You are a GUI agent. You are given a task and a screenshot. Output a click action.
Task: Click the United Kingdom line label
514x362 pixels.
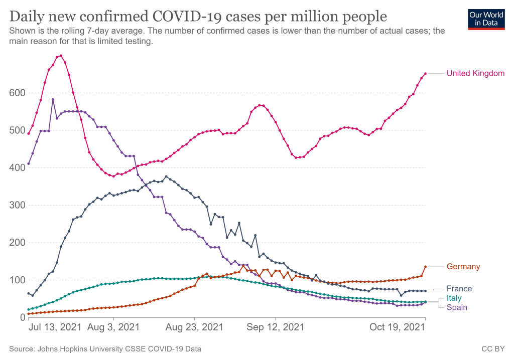tap(475, 74)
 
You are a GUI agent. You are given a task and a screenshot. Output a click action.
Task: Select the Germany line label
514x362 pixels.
tap(463, 267)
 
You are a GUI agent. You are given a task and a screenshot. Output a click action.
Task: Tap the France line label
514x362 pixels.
tap(459, 289)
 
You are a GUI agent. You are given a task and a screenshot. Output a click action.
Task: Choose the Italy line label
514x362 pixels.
tap(454, 298)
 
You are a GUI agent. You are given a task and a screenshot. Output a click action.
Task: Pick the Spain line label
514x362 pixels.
tap(457, 307)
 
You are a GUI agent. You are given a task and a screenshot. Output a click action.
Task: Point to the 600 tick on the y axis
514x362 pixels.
tap(17, 93)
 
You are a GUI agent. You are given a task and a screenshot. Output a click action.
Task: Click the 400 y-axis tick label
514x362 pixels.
tap(17, 167)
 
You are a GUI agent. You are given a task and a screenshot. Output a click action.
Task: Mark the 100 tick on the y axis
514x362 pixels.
tap(17, 280)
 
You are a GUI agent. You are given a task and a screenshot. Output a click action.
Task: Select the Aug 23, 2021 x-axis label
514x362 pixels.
tap(194, 327)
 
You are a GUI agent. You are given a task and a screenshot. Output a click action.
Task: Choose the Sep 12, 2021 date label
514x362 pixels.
tap(276, 327)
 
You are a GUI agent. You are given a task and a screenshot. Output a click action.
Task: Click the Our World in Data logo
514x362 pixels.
tap(486, 19)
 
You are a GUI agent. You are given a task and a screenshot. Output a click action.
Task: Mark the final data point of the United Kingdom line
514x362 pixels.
tap(426, 74)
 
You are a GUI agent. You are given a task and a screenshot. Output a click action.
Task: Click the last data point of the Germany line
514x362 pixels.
tap(426, 267)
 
